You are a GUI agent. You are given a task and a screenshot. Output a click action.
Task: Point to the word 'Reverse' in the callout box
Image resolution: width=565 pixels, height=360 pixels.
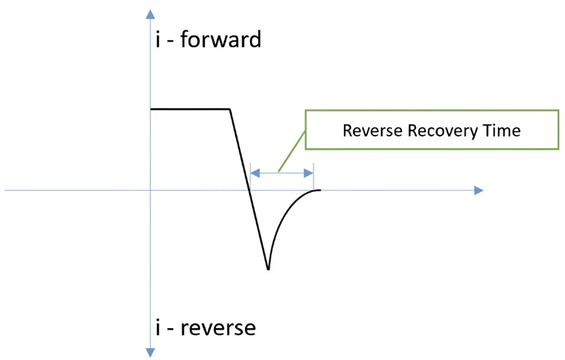(x=372, y=130)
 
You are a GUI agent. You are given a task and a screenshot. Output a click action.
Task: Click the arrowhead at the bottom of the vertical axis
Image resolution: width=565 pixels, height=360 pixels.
(x=150, y=351)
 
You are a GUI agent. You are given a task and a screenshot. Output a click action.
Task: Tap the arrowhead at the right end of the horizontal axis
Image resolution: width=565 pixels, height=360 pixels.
(x=479, y=190)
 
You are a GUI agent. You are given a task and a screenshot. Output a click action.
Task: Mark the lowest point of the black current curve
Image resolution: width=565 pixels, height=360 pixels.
(x=268, y=269)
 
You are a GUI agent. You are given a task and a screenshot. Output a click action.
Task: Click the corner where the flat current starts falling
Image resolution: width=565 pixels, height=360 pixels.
(x=230, y=109)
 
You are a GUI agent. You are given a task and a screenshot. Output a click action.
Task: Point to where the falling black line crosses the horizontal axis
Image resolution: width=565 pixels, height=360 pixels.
(x=250, y=190)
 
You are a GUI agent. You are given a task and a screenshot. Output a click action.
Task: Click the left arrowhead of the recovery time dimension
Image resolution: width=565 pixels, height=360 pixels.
(x=256, y=172)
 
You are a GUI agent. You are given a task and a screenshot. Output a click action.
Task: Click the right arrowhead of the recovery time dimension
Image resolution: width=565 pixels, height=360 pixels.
(x=309, y=172)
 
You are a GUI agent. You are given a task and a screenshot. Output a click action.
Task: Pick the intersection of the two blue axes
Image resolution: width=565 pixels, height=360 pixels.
(x=150, y=190)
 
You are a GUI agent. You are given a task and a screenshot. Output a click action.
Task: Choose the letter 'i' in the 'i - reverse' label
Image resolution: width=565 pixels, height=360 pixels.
(x=157, y=328)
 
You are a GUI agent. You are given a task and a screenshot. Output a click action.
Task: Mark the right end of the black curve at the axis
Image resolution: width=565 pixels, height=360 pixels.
(x=320, y=190)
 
